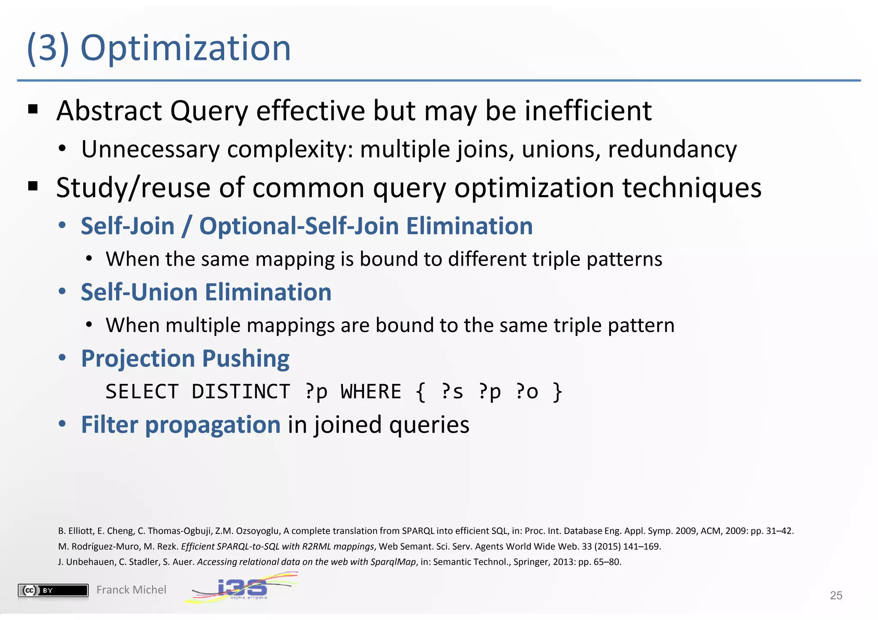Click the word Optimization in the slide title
coord(185,48)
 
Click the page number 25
coord(836,595)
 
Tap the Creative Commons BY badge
coord(53,590)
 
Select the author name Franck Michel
coord(131,590)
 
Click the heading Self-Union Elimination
coord(206,292)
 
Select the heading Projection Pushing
coord(185,358)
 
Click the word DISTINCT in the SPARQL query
coord(241,392)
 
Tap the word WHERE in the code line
coord(371,392)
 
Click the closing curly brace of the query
coord(557,392)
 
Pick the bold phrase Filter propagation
coord(180,425)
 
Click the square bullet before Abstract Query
coord(33,110)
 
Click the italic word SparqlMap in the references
coord(395,562)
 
